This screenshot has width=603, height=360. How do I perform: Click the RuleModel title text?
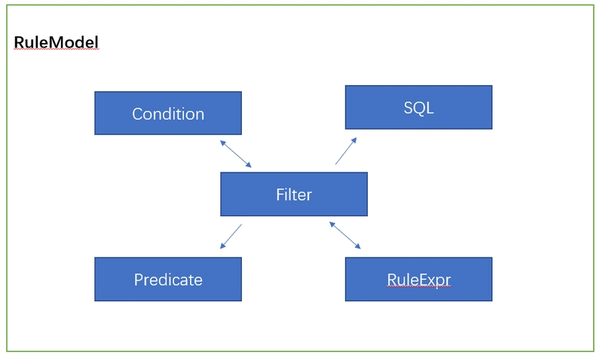tap(56, 42)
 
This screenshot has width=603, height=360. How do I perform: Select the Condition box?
tap(167, 114)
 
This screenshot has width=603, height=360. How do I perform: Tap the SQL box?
tap(418, 107)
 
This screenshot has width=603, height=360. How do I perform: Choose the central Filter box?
tap(293, 194)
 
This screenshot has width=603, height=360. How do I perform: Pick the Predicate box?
tap(167, 279)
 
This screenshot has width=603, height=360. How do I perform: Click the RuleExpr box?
tap(418, 279)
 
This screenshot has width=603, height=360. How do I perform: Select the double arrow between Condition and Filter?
tap(236, 154)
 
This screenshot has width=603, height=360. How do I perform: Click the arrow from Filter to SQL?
tap(346, 151)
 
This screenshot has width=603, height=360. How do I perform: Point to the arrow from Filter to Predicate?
tap(231, 236)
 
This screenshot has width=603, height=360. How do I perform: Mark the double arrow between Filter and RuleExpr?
tap(345, 235)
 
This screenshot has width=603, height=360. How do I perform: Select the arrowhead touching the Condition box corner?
tap(222, 142)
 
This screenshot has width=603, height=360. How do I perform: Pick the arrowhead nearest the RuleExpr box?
tap(358, 247)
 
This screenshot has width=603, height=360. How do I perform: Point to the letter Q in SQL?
tap(418, 108)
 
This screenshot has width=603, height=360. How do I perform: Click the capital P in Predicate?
tap(139, 279)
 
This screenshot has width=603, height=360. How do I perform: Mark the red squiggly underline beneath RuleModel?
tap(56, 50)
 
